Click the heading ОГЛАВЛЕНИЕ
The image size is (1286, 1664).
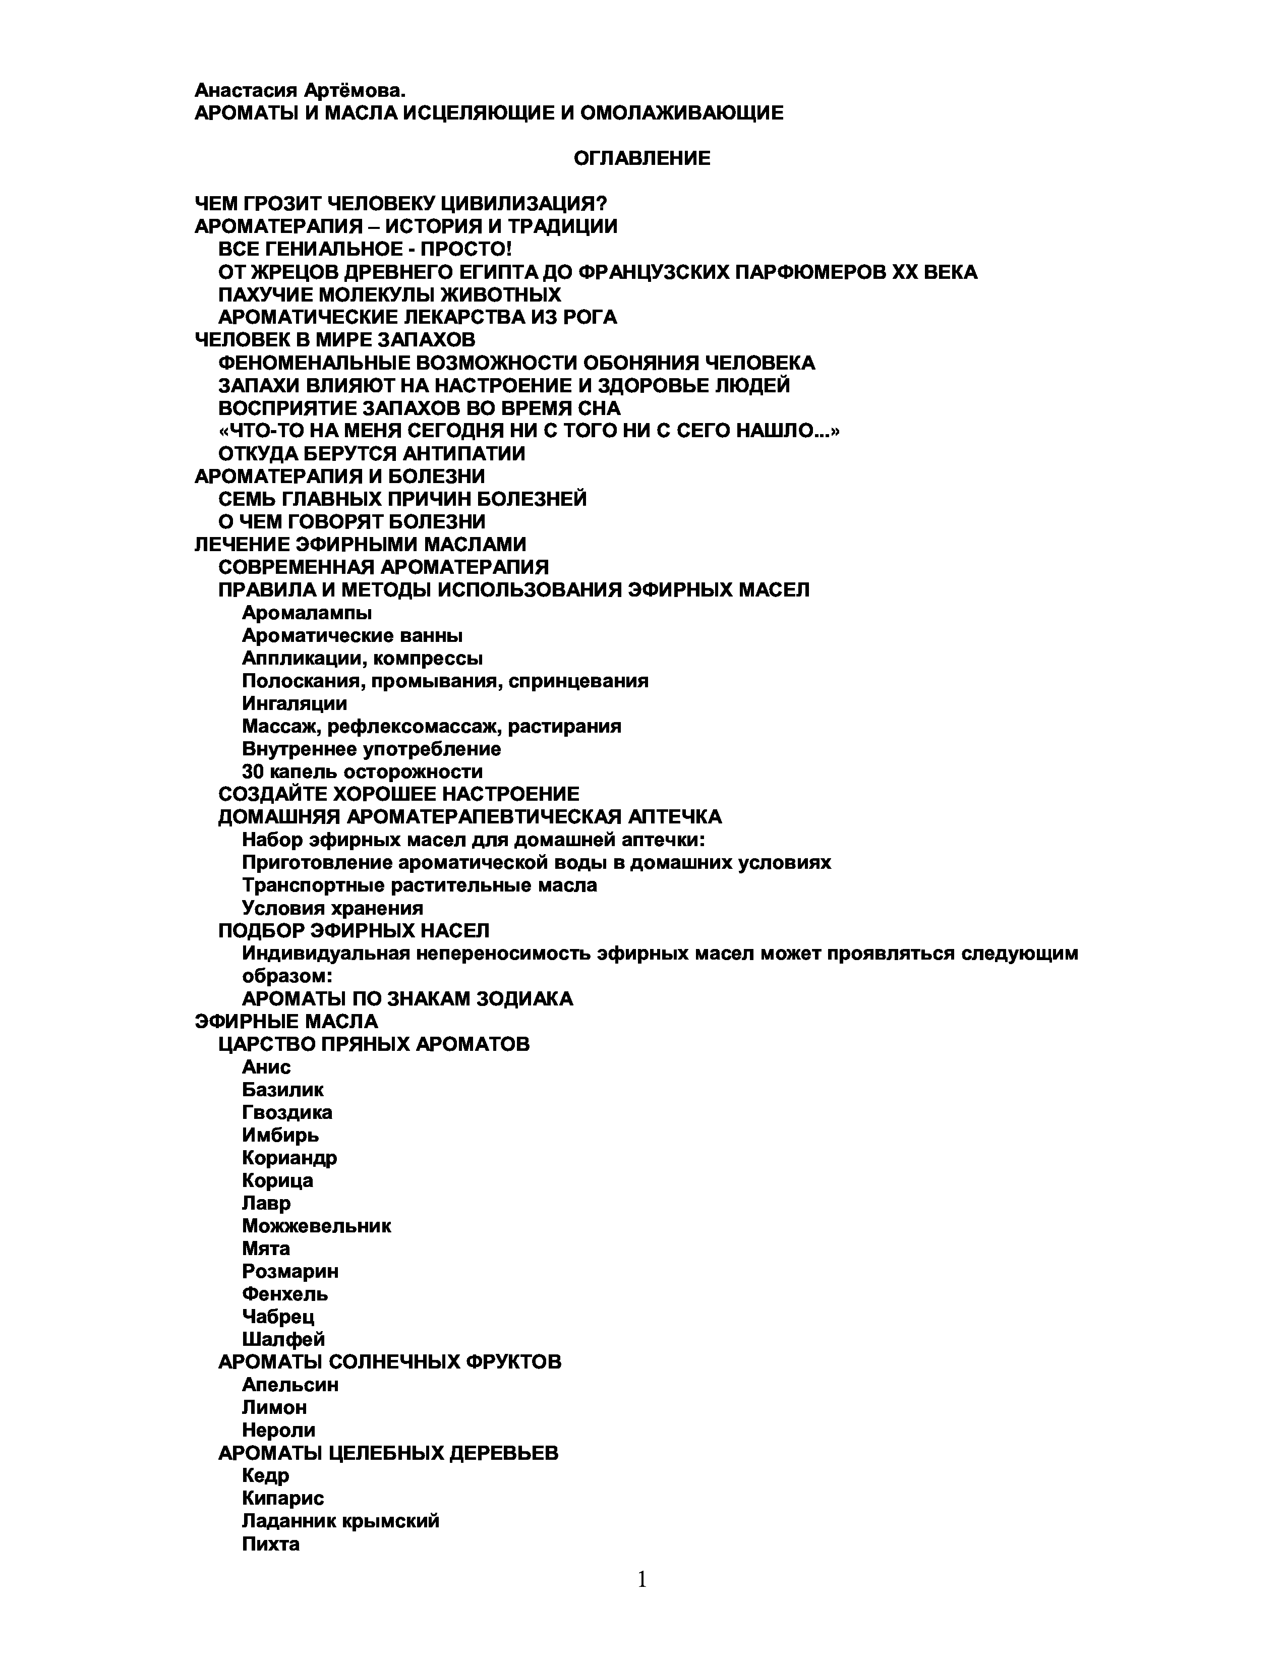641,158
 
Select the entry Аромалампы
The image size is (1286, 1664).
306,613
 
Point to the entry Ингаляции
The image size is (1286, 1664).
294,703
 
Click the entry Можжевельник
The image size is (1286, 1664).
316,1226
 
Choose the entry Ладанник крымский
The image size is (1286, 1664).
340,1521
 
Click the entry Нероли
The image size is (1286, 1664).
278,1430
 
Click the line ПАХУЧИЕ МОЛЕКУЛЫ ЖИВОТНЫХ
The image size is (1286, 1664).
389,294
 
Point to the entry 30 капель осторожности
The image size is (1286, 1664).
362,772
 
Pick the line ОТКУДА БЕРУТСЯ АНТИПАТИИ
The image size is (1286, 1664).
372,453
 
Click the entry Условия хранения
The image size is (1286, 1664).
332,908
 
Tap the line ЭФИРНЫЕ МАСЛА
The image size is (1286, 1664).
286,1021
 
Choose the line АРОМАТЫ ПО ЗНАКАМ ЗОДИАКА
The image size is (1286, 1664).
407,999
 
